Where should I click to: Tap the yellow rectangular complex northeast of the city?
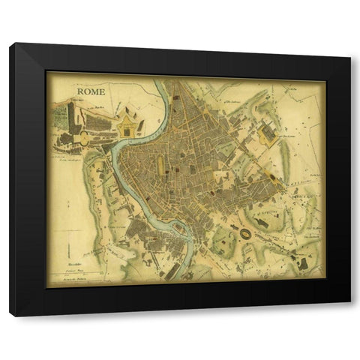(x=267, y=133)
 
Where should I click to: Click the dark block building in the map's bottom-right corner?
(x=303, y=262)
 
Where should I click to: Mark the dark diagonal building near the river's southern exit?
(x=173, y=269)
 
